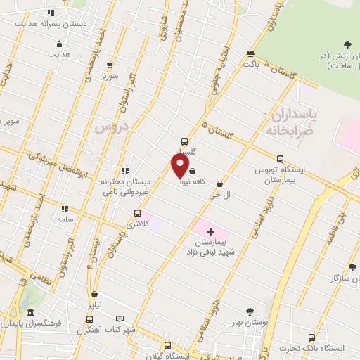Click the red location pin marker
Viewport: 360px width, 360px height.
(180, 166)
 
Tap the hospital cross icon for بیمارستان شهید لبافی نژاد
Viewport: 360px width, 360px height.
(210, 231)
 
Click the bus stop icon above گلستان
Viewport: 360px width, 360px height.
(185, 140)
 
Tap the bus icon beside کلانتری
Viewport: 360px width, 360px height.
(137, 213)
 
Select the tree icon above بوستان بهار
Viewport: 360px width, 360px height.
(249, 311)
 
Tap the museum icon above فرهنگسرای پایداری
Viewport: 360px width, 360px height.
(30, 313)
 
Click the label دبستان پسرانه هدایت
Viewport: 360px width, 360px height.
(47, 23)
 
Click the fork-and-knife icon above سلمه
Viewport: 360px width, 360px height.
(65, 209)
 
